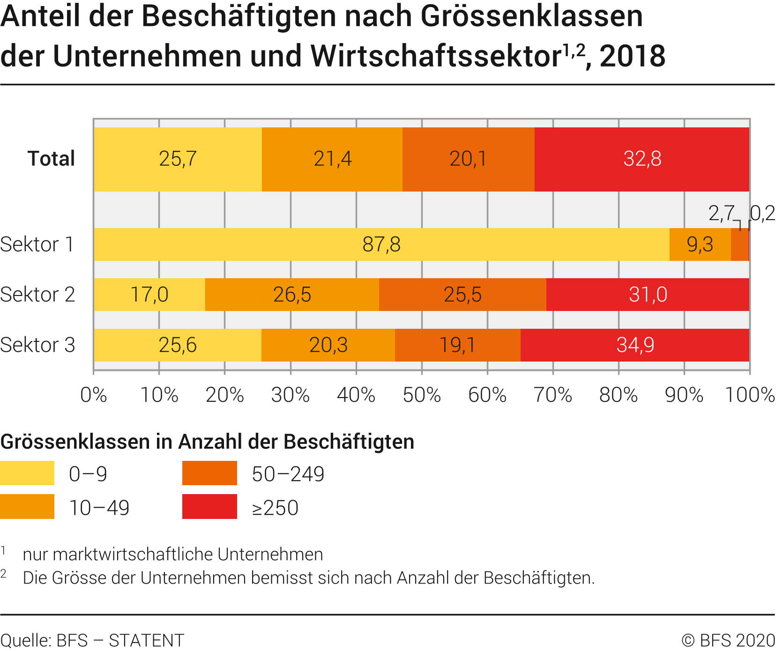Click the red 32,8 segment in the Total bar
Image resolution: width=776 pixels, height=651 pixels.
click(642, 159)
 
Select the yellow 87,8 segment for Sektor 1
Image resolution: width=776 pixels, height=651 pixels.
click(381, 244)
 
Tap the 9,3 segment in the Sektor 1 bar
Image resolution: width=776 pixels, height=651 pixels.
click(700, 244)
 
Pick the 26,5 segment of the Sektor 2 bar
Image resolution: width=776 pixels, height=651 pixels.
click(292, 295)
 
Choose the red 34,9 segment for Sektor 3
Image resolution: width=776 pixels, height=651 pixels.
click(635, 345)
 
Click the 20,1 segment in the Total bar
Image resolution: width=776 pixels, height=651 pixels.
click(468, 159)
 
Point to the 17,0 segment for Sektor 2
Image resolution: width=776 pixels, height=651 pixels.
click(149, 295)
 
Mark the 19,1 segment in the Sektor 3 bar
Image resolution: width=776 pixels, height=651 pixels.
click(457, 345)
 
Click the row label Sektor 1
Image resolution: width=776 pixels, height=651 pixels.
click(37, 244)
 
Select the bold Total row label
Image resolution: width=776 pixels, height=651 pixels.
click(51, 159)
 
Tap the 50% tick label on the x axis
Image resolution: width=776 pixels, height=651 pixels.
click(422, 395)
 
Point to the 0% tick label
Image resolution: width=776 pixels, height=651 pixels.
click(94, 395)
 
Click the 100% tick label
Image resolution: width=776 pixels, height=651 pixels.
click(750, 395)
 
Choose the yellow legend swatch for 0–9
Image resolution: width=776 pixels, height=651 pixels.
click(27, 473)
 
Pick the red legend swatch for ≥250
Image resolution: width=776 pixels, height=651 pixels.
click(209, 507)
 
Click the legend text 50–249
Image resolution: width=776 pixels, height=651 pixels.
click(288, 474)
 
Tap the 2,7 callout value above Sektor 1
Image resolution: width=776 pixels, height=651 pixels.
click(721, 214)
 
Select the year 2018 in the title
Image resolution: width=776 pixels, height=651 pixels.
click(632, 56)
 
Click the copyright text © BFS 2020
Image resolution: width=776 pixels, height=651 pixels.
click(728, 640)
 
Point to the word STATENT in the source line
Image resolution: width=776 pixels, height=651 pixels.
click(147, 640)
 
